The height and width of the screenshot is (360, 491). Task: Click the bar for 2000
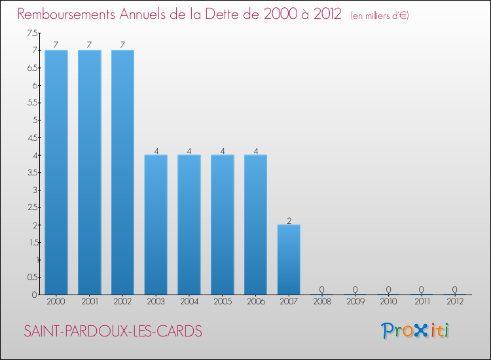coord(56,172)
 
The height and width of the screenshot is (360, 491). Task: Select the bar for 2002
coord(122,172)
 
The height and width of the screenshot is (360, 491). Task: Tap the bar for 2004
coord(189,225)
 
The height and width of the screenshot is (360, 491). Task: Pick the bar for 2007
coord(289,259)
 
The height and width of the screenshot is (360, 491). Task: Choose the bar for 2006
coord(255,225)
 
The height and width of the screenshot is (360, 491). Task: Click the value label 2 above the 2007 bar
coord(289,219)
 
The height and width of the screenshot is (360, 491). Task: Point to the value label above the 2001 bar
coord(89,45)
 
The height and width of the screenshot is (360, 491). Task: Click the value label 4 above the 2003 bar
coord(156,150)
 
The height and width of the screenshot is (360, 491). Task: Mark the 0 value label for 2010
coord(388,289)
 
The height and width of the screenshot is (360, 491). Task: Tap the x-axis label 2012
coord(454,302)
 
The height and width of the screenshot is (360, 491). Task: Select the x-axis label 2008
coord(321,302)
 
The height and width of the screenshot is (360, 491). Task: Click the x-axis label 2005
coord(222,302)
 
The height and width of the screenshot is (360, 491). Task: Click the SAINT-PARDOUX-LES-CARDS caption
coord(113,331)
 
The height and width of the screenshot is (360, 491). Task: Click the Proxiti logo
coord(416,331)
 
